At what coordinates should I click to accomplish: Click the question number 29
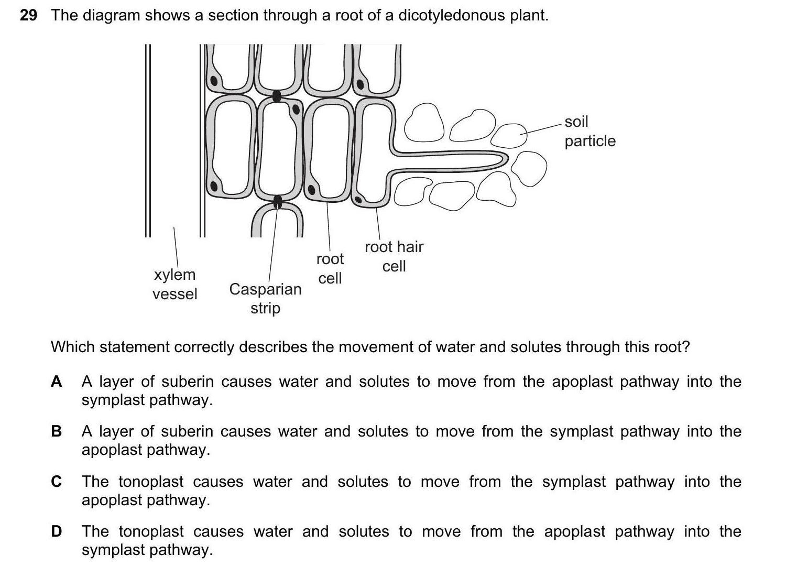(x=28, y=16)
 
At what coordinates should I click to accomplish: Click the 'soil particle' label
(x=589, y=131)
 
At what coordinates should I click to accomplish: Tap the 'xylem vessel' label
(x=174, y=284)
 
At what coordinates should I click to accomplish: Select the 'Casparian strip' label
(x=265, y=298)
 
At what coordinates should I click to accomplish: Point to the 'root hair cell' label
(x=394, y=256)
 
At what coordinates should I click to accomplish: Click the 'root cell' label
(x=330, y=268)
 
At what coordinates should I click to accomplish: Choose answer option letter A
(x=57, y=382)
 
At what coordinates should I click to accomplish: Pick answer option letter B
(x=57, y=431)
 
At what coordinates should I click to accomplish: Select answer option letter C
(x=57, y=481)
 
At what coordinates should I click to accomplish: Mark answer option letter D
(x=57, y=531)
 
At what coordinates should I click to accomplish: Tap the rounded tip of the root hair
(x=505, y=159)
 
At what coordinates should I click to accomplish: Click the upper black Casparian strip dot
(x=277, y=96)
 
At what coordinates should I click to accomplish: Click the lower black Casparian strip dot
(x=278, y=201)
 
